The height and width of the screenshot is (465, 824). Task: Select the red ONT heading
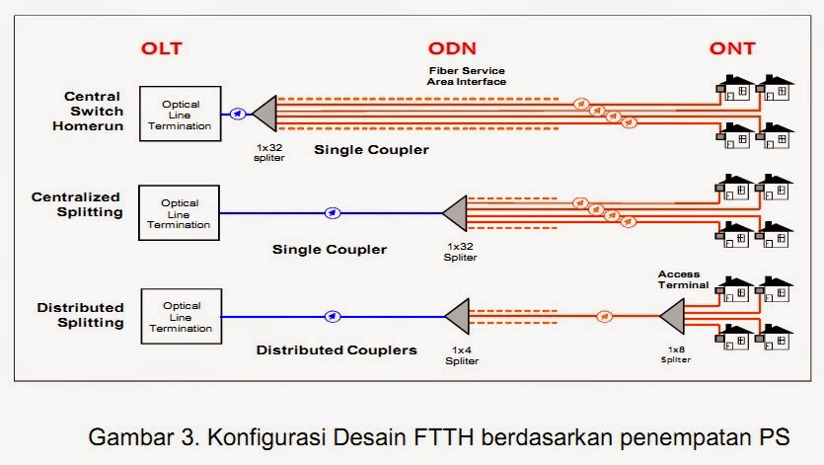click(742, 47)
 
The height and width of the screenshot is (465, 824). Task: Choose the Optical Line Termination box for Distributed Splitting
click(182, 315)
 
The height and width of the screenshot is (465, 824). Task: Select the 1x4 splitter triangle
click(457, 317)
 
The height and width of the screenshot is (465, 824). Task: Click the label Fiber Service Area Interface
click(467, 76)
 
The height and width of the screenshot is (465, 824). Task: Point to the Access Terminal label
click(683, 278)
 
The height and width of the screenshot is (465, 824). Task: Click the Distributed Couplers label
click(337, 349)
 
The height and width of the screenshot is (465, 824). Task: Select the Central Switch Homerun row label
click(92, 111)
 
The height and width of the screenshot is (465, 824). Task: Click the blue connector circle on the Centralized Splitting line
click(333, 212)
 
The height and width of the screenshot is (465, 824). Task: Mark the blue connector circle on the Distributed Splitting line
click(333, 317)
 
